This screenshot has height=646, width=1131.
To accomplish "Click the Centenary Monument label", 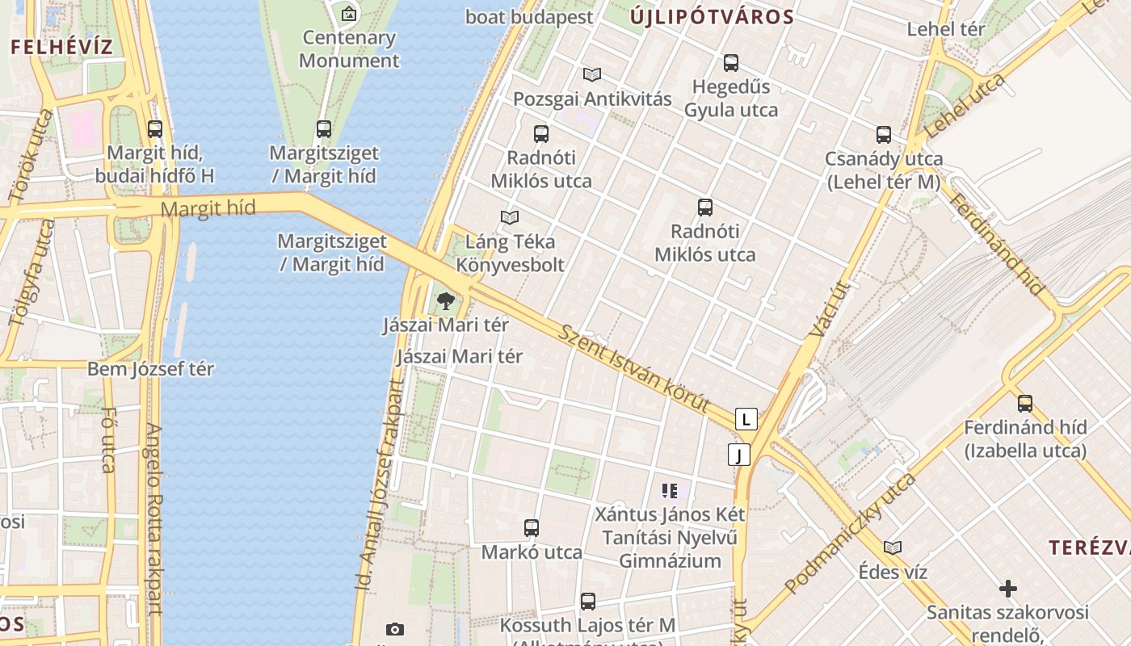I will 349,48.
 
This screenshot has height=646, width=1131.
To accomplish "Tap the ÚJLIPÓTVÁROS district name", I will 711,16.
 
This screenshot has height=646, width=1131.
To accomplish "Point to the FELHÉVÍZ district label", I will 61,46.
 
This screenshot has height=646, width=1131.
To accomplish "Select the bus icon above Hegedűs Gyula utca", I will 731,63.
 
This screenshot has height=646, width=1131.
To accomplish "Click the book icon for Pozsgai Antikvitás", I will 592,75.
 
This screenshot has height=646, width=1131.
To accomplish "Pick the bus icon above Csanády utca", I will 884,135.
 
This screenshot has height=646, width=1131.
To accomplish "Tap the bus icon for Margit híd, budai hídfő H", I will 155,129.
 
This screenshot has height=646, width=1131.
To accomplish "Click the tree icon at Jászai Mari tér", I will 445,302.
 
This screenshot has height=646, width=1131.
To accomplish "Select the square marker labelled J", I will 738,455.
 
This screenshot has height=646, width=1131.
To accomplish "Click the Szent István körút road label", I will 635,369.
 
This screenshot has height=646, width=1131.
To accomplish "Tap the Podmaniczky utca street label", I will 850,534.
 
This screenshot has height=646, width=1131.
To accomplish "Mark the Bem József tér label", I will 150,369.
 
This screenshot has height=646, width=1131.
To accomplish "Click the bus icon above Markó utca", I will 532,528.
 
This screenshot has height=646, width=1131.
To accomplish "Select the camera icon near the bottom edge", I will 395,630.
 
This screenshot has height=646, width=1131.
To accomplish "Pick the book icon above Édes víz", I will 893,548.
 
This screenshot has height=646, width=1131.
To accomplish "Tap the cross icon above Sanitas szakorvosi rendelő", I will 1007,589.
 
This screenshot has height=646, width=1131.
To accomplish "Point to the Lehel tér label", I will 946,29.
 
